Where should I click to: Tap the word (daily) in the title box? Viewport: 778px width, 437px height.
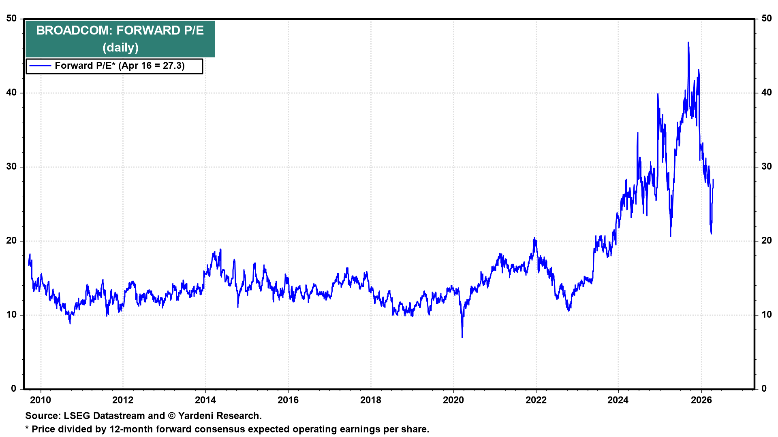coord(120,48)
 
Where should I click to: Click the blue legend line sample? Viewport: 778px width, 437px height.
coord(41,66)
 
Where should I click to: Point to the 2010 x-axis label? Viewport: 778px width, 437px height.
coord(41,400)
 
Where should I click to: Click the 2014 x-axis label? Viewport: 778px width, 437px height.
coord(205,400)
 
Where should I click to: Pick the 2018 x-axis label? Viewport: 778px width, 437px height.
coord(371,400)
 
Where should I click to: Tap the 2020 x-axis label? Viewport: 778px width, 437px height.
coord(453,400)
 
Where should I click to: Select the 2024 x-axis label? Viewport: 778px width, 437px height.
coord(618,400)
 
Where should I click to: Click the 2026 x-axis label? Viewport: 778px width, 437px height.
coord(701,400)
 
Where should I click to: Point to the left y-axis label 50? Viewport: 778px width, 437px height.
coord(11,19)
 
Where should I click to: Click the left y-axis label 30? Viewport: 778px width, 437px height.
coord(11,167)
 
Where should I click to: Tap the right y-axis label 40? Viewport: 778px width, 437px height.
coord(767,93)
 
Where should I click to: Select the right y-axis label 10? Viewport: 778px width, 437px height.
coord(767,315)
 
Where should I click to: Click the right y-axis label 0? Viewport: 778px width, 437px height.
coord(764,389)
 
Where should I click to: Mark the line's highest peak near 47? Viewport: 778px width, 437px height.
coord(688,42)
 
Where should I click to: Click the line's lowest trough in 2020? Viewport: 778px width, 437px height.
coord(462,337)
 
